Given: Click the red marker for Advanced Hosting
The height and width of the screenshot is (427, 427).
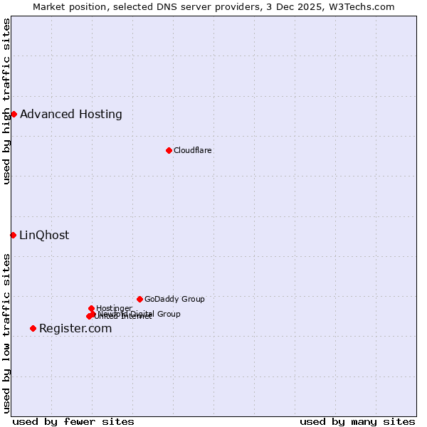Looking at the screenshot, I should coord(14,114).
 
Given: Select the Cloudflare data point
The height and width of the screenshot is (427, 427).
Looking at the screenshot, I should coord(169,150).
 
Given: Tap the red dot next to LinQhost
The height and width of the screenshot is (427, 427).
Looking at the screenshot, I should coord(13,235).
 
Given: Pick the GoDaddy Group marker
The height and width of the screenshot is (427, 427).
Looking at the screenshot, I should coord(139,299).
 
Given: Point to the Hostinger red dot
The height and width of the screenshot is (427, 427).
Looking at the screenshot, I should coord(91,308).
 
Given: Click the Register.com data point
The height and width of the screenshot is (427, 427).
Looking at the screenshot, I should coord(33,328).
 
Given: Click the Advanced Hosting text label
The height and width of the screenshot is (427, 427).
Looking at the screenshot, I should coord(71,114).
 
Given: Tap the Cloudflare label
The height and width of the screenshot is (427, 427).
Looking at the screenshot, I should coord(192,150).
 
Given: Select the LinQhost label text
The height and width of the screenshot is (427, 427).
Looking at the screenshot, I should coord(44,235).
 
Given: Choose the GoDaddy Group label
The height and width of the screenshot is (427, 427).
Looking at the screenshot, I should coord(174,299).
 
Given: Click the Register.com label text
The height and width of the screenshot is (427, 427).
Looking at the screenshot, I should coord(75,328).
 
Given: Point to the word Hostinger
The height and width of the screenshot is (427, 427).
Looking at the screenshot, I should coord(114,308).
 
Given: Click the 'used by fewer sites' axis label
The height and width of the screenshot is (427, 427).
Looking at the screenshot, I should coord(73,421).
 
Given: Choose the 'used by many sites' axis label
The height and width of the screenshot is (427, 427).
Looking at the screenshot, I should coord(357,421).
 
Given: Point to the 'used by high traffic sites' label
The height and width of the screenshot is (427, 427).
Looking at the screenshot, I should coord(6,101).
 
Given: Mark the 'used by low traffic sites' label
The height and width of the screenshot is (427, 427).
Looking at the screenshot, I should coord(6,333).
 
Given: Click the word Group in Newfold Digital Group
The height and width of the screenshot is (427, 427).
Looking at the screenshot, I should coord(169,314).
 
